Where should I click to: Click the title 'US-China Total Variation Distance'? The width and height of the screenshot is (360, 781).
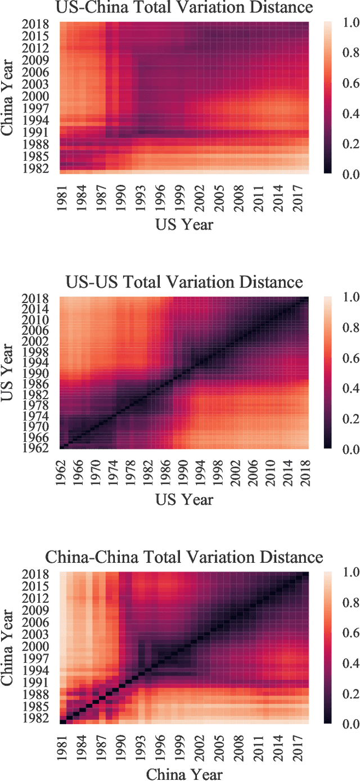[184, 8]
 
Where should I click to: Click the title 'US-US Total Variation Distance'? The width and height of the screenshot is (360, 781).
[184, 282]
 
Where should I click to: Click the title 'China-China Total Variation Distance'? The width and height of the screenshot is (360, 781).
[184, 557]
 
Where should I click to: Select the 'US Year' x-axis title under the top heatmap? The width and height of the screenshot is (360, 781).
[184, 224]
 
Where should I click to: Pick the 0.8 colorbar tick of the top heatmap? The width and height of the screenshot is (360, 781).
[344, 53]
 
